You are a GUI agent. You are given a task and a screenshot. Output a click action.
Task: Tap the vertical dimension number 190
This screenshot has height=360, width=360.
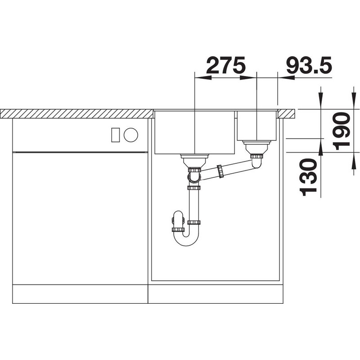click(342, 131)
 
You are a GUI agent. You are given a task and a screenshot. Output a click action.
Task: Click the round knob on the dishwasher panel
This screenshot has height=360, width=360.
click(131, 135)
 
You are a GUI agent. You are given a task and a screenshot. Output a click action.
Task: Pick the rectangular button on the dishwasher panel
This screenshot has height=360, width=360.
click(115, 135)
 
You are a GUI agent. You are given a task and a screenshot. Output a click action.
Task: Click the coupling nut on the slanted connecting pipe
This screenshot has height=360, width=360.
click(220, 171)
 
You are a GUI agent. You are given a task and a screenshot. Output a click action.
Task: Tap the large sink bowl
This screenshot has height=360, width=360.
click(195, 132)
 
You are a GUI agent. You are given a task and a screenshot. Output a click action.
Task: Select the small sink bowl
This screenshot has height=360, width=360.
click(256, 126)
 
